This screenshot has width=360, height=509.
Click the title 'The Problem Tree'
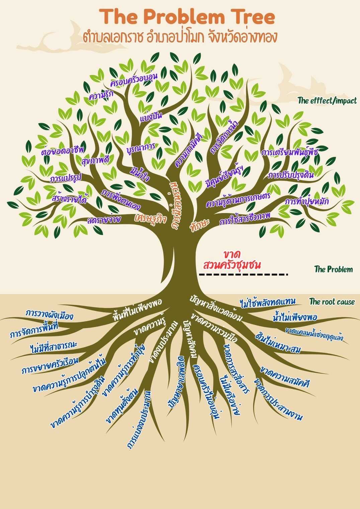tap(189, 17)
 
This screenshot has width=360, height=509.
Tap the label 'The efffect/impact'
tap(327, 100)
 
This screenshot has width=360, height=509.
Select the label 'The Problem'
tap(333, 269)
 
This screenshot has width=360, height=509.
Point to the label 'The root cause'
tap(332, 302)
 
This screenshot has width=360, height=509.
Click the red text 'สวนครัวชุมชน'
tap(232, 265)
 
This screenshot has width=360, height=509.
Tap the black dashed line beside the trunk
tap(243, 275)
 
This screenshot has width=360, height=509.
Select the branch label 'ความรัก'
tap(101, 95)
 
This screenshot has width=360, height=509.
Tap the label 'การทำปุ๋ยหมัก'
tap(307, 201)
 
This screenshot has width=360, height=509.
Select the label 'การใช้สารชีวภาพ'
tap(245, 220)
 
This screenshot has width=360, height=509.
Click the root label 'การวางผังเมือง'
tap(50, 314)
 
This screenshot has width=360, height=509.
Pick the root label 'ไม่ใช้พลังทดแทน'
tap(268, 302)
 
